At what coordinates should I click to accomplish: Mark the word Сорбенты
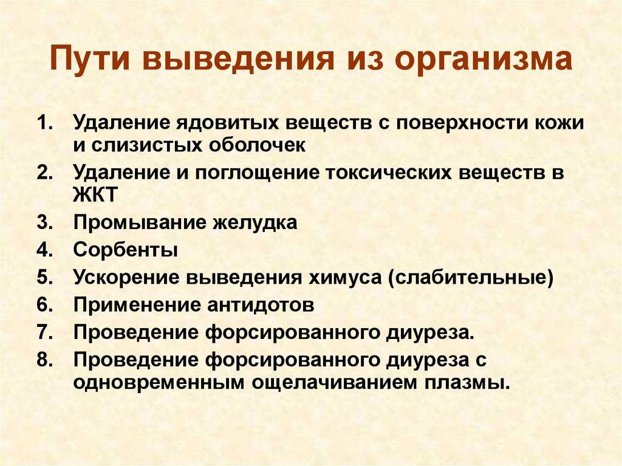[126, 250]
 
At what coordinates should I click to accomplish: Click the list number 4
[46, 250]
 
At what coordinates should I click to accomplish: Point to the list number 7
[46, 332]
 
